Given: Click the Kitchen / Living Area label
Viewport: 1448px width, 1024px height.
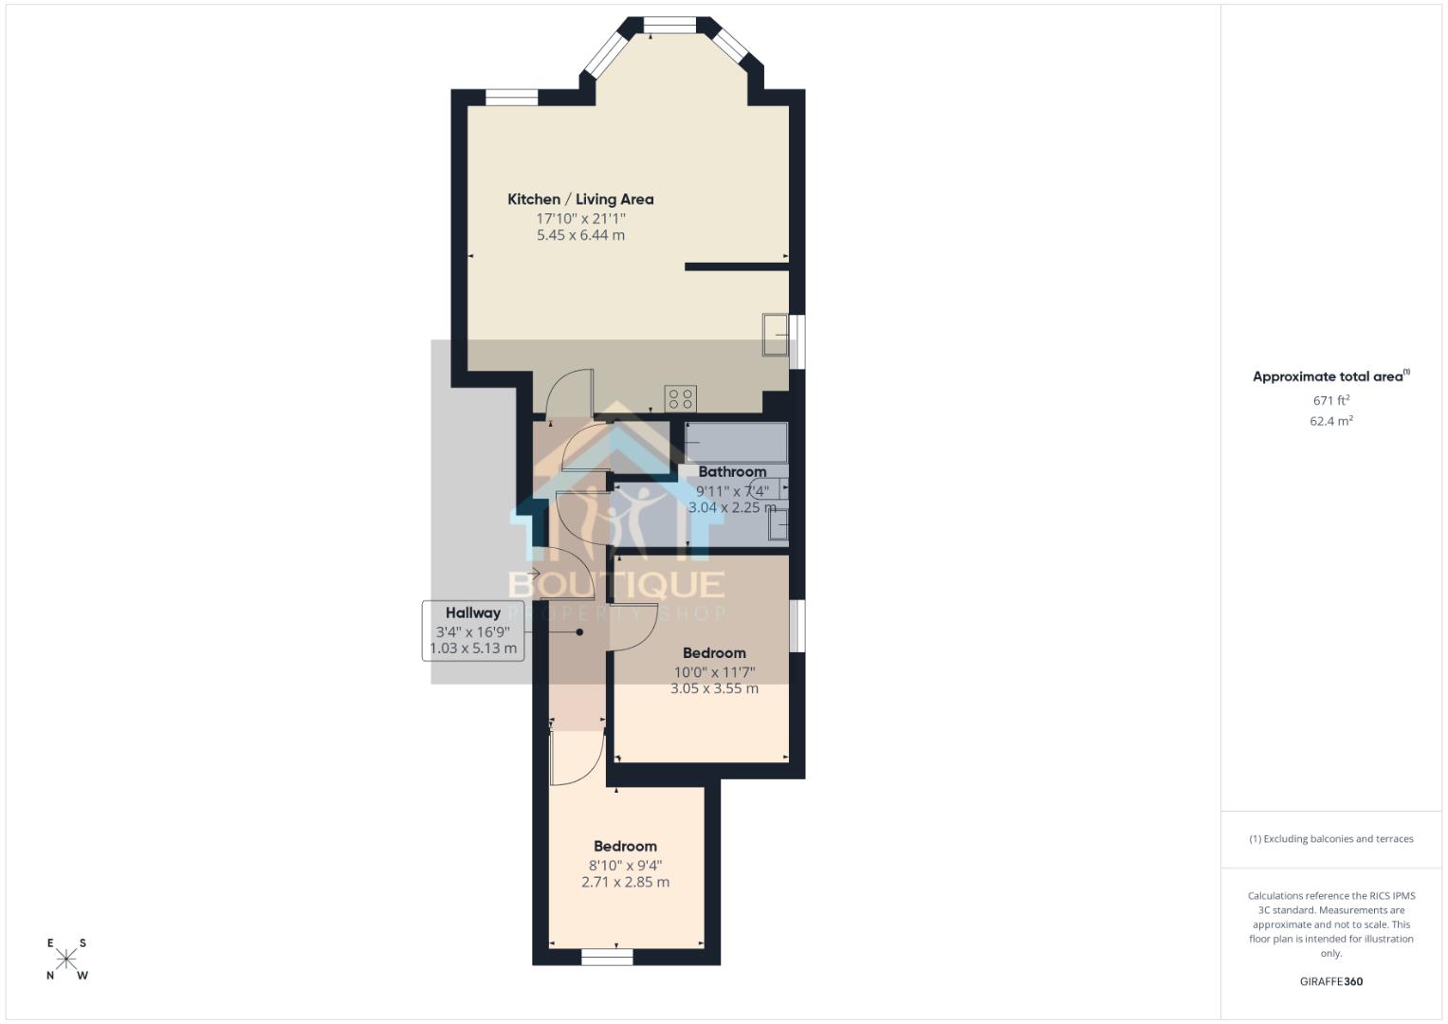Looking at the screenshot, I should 580,199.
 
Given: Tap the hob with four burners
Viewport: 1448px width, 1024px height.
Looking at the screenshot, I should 680,398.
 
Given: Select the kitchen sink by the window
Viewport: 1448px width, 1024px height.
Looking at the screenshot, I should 775,335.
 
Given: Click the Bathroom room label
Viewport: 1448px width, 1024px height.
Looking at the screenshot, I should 732,472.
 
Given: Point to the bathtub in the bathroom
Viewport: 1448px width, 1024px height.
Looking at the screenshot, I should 736,443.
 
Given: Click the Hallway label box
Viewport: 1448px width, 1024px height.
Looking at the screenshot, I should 473,630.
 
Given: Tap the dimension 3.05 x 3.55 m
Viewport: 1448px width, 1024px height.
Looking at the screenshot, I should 714,689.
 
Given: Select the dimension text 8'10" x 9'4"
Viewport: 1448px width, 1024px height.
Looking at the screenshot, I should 625,865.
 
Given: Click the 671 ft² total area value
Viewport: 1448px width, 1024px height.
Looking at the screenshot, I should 1330,401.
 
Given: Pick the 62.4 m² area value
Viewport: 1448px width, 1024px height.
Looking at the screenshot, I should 1330,421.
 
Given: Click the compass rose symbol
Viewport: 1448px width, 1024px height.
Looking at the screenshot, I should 66,959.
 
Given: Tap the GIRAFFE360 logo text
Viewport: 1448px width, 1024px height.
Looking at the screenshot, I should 1330,981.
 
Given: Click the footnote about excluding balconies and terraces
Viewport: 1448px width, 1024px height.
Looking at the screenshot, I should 1330,839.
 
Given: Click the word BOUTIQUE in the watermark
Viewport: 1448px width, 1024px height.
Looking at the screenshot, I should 616,585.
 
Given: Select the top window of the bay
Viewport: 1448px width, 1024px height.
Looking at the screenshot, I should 669,26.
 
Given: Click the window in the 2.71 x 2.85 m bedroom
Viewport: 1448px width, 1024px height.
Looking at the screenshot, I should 607,958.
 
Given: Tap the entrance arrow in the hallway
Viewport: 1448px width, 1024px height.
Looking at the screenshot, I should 534,573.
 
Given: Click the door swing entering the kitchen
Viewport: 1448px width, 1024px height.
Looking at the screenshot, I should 573,391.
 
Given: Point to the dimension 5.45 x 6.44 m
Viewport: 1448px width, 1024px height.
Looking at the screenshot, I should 580,235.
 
